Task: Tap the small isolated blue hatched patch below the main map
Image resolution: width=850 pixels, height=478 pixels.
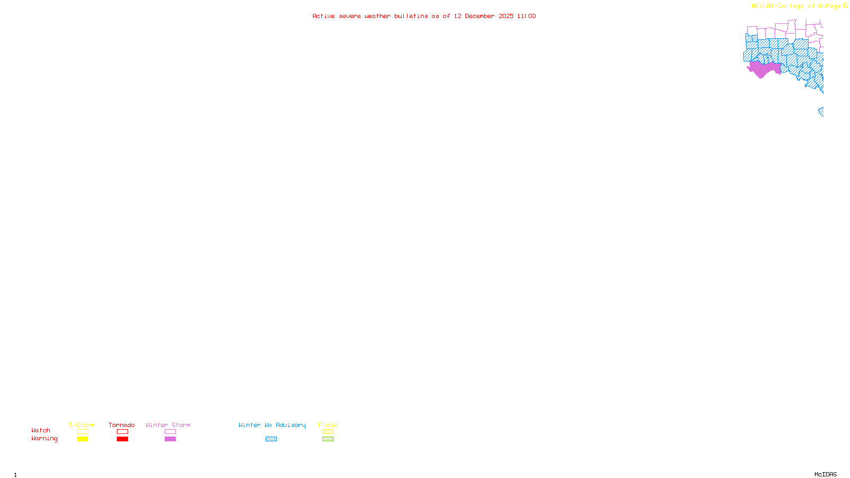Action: pos(821,111)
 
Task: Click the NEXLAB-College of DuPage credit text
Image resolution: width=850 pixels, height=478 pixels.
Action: pos(796,6)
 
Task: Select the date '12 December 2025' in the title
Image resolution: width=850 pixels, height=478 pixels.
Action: pos(483,16)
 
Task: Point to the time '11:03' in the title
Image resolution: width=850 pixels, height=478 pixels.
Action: pos(526,16)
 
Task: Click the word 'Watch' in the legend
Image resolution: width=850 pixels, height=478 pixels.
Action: pos(41,430)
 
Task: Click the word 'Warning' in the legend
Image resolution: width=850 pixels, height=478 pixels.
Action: pos(44,439)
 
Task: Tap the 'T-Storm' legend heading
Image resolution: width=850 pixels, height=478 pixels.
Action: pos(82,425)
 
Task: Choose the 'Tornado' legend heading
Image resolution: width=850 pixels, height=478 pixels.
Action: pos(122,425)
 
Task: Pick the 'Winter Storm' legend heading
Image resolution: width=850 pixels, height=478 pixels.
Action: pos(168,425)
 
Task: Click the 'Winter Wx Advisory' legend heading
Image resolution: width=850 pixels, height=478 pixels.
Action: pos(272,425)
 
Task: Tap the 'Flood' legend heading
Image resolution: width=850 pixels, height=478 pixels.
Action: pos(328,425)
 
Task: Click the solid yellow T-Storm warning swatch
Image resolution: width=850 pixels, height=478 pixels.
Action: pos(82,439)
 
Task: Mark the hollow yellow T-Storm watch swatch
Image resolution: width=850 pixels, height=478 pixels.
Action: pos(82,432)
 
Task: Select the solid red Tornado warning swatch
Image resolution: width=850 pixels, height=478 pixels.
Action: pos(122,439)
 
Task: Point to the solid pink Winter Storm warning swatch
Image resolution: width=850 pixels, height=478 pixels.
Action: pos(170,439)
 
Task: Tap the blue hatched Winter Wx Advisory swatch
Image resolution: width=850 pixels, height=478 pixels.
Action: pos(271,439)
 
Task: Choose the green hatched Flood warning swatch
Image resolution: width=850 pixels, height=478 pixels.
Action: pos(328,439)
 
